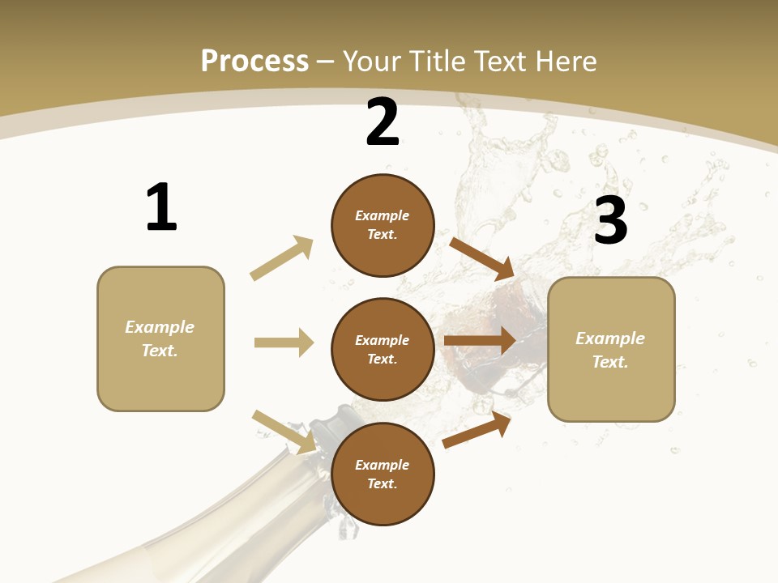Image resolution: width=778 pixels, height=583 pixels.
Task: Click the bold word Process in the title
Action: tap(254, 62)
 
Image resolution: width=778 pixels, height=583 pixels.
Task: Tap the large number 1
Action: tap(161, 207)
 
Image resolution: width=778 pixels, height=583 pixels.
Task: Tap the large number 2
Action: tap(383, 122)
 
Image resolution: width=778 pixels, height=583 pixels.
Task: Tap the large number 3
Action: tap(611, 220)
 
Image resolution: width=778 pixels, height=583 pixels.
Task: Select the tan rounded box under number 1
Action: tap(160, 338)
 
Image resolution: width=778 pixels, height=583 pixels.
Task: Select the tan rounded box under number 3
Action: tap(611, 350)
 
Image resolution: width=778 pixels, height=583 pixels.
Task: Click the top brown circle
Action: tap(383, 225)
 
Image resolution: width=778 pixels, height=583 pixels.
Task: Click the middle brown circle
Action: tap(383, 350)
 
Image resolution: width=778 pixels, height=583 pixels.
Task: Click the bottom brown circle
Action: tap(383, 474)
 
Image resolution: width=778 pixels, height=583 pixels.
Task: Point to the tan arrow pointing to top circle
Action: tap(282, 257)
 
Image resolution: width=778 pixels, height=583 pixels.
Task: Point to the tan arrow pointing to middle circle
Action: tap(284, 343)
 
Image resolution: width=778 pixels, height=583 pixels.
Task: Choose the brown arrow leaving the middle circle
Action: tap(480, 341)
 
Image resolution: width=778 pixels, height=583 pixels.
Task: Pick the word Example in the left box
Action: tap(160, 327)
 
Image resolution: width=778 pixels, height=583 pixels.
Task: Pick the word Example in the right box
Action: tap(610, 338)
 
